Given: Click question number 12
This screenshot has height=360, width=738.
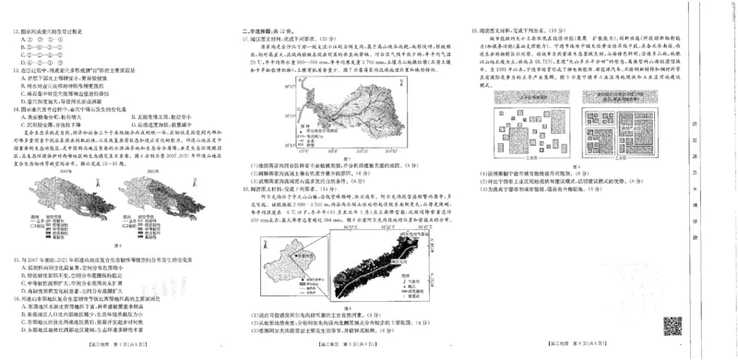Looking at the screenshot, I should (17, 30).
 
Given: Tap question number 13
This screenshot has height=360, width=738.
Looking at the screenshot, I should (17, 68).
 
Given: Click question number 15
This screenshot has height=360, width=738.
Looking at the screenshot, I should (17, 261).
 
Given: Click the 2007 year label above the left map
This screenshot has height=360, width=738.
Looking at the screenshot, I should (65, 170).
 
